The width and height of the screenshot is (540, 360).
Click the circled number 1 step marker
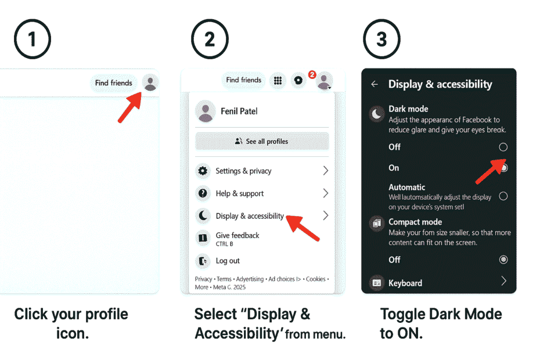32,39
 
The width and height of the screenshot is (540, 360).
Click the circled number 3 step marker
381,39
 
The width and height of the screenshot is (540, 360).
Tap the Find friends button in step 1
114,83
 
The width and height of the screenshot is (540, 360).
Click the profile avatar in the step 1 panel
150,83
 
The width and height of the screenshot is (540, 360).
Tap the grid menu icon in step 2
278,81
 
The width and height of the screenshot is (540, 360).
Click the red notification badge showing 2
312,74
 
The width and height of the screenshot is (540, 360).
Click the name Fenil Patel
239,111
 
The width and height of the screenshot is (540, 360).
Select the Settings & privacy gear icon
203,171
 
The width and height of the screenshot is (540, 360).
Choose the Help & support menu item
239,193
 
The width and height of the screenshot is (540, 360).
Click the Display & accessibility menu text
250,216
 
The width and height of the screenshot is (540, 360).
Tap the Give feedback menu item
237,235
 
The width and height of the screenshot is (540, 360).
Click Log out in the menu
228,261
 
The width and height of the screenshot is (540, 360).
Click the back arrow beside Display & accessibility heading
375,84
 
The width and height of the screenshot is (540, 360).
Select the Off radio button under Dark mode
503,147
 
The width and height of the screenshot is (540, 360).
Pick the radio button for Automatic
503,196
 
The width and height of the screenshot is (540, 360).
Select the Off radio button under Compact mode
503,260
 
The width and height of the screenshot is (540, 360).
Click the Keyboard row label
405,283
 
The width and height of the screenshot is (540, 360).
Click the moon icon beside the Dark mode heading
377,114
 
